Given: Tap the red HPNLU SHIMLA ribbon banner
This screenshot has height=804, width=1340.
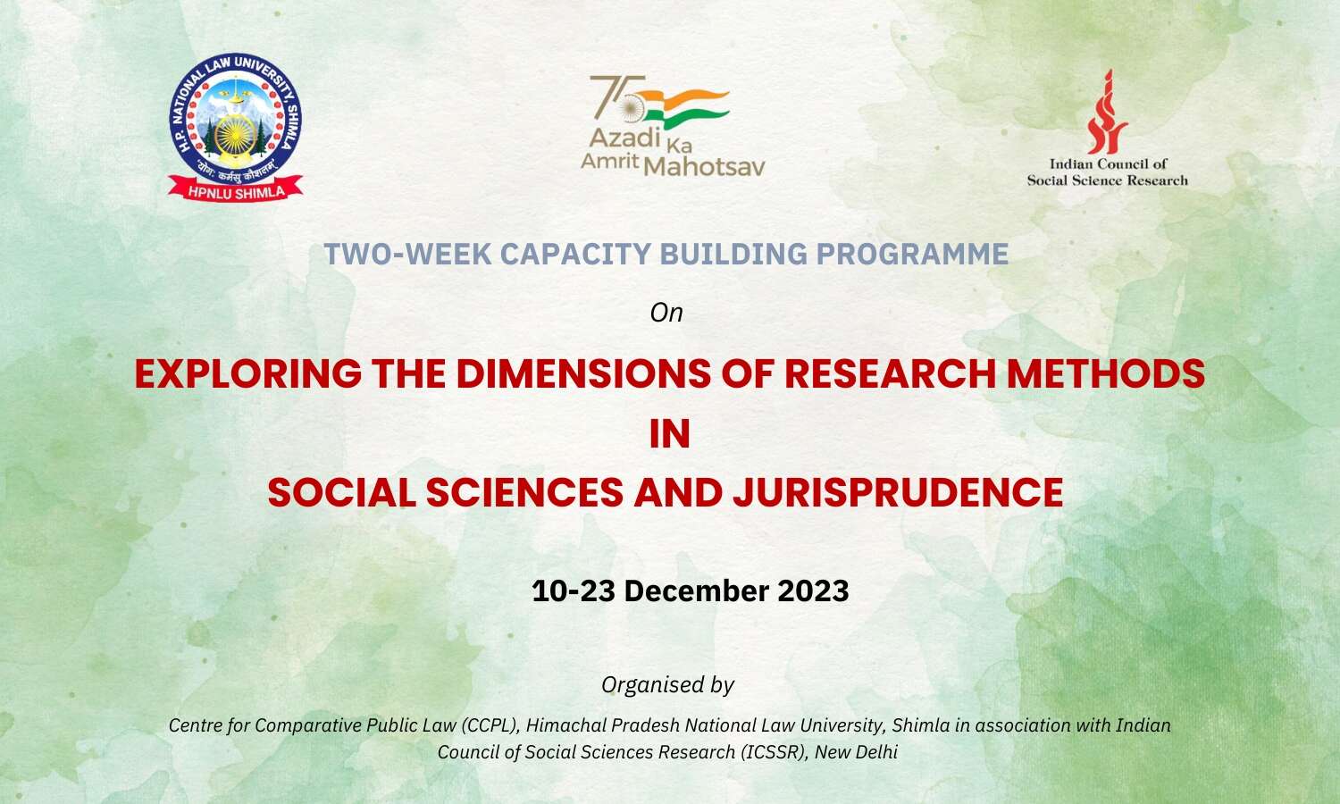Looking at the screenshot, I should point(237,190).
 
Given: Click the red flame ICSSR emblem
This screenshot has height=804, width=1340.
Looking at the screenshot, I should point(1107,112).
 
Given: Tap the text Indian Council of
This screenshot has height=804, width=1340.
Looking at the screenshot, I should point(1108,163).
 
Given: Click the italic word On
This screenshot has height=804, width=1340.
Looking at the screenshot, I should point(666,313).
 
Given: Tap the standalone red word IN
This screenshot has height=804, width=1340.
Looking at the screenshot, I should point(669,434).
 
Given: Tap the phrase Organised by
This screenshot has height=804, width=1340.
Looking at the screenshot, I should point(667,684).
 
